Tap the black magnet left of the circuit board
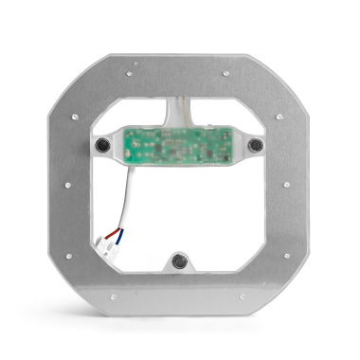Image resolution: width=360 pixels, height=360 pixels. pos(102,144)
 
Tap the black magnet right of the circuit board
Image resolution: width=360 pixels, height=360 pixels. pos(255,144)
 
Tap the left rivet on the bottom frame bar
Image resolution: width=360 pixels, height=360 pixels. pos(113,297)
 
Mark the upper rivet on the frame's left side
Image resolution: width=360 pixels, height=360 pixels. pos(76,117)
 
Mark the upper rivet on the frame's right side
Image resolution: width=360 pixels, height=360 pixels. pos(280,117)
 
